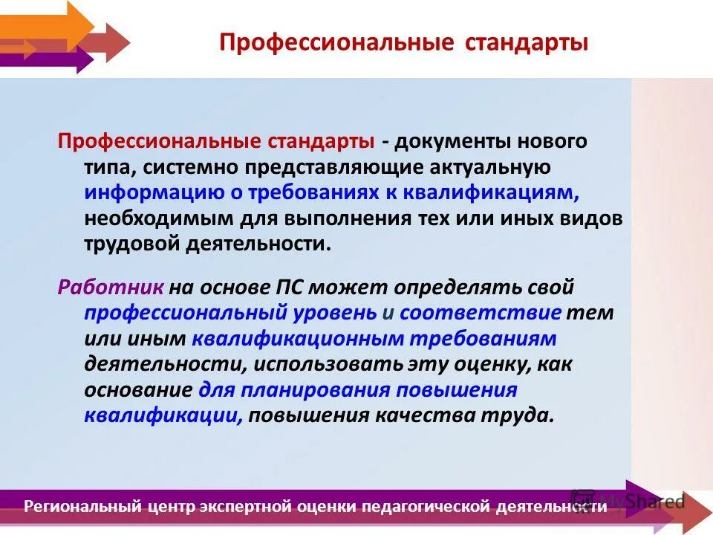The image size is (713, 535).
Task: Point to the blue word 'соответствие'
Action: click(481, 312)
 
